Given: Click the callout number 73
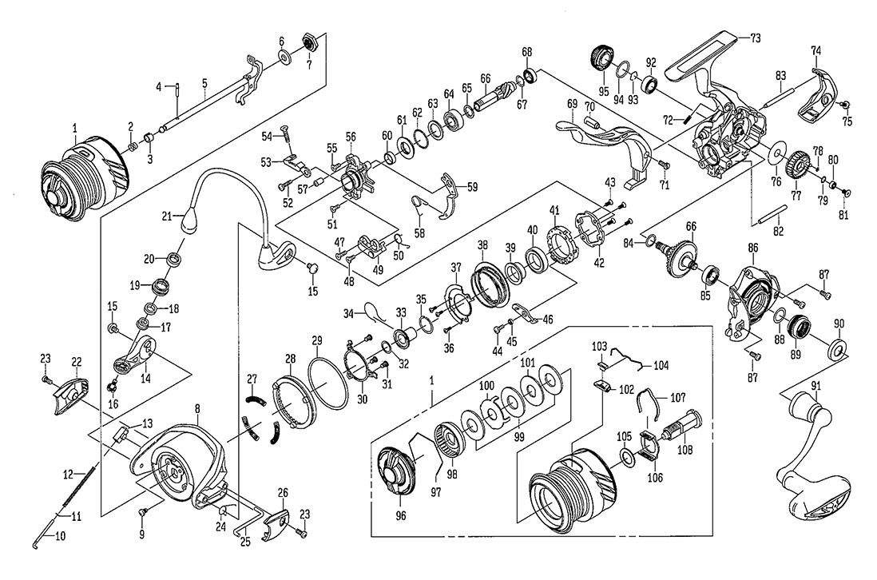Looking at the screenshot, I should click(x=756, y=38).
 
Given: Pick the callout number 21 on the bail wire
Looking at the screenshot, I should click(x=166, y=217).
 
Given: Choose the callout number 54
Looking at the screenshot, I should click(x=269, y=136).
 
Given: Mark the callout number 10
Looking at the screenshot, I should click(x=60, y=538).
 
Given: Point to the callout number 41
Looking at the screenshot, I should click(x=553, y=209).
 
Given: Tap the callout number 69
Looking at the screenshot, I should click(x=572, y=104).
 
